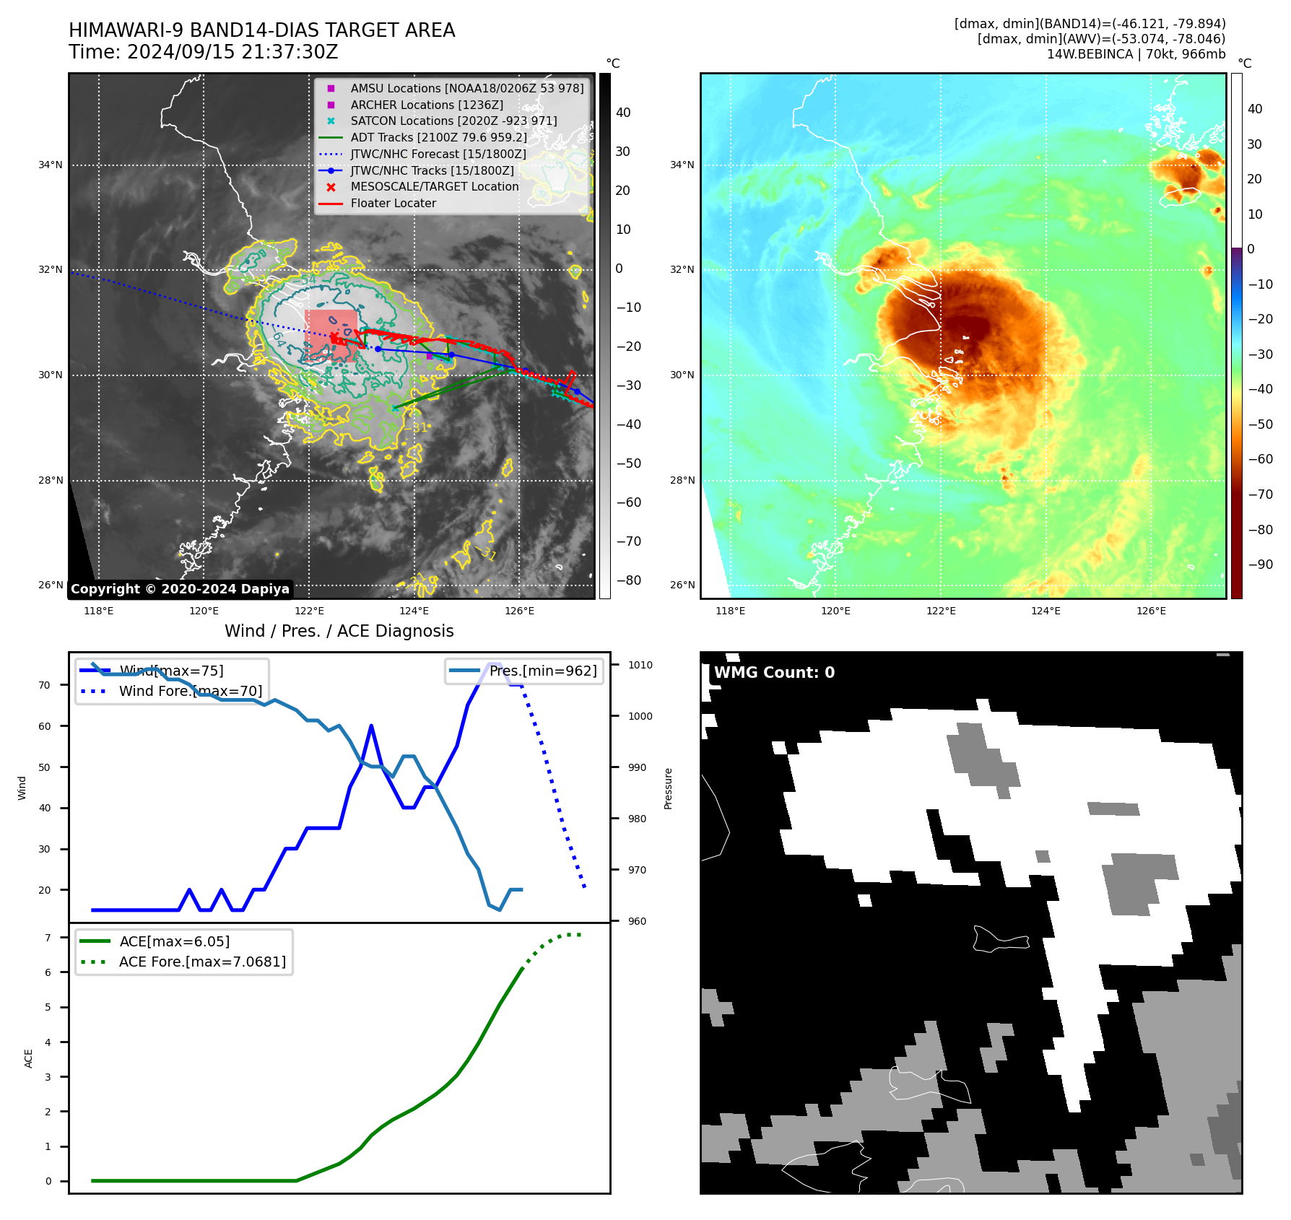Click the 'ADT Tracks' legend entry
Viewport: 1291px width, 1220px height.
[x=438, y=137]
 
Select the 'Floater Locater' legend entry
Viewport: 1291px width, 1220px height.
[x=393, y=204]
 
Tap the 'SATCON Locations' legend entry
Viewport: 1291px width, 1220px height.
[x=453, y=121]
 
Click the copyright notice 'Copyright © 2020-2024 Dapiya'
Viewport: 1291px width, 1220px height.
[x=180, y=589]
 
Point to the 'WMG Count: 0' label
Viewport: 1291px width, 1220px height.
[x=774, y=673]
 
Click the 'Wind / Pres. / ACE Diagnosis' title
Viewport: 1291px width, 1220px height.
[x=339, y=631]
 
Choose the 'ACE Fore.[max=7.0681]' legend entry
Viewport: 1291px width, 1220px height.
[x=202, y=962]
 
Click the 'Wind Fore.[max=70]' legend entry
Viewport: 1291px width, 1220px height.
[x=191, y=691]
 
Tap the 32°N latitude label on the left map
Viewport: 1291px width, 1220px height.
[x=51, y=270]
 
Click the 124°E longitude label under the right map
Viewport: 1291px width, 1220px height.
[x=1046, y=611]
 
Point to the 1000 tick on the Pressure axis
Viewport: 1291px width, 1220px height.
[x=640, y=716]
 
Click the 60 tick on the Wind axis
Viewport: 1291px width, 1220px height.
[x=45, y=726]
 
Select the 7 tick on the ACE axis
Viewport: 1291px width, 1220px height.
[x=48, y=938]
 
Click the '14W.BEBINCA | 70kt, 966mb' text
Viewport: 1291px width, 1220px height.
[x=1136, y=54]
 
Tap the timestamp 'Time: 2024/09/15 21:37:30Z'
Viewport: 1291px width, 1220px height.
[x=203, y=52]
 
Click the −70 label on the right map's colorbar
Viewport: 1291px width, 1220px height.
[x=1260, y=494]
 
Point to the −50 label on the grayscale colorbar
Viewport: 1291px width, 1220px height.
[x=628, y=463]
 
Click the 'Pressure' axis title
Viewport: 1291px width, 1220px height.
[x=668, y=788]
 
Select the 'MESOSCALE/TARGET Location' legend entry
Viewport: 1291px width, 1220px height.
[x=435, y=187]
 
